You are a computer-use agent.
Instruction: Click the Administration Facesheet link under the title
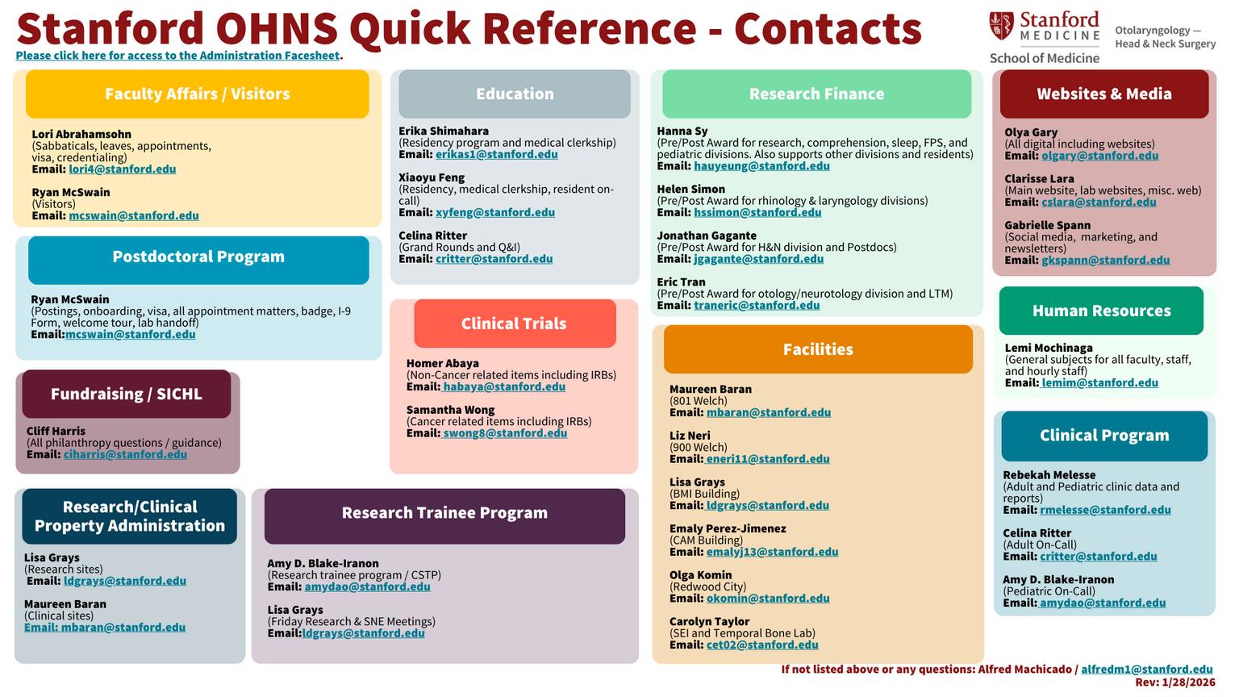click(x=177, y=56)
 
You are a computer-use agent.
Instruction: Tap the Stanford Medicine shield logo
click(x=1001, y=27)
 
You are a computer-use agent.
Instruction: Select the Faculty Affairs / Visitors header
click(x=198, y=94)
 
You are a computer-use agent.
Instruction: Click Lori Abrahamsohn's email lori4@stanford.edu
click(x=122, y=169)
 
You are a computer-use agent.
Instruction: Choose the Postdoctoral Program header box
click(x=198, y=257)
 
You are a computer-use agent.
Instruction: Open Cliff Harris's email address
click(x=125, y=455)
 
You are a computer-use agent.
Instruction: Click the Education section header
click(x=515, y=94)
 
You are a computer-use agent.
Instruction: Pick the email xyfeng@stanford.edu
click(x=494, y=213)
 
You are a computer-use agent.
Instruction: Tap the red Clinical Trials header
click(x=514, y=324)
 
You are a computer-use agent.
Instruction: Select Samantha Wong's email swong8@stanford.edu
click(x=504, y=434)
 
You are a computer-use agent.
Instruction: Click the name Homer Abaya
click(x=443, y=364)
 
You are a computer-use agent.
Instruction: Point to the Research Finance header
click(x=816, y=94)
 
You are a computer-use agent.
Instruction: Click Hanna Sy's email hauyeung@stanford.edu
click(x=761, y=166)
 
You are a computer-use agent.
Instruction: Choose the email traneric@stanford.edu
click(x=757, y=306)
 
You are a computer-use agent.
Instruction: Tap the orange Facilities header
click(x=818, y=350)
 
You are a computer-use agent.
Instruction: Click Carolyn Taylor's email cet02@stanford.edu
click(x=762, y=645)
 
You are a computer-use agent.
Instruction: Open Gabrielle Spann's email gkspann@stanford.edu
click(x=1105, y=261)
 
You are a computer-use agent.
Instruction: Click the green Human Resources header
click(x=1101, y=311)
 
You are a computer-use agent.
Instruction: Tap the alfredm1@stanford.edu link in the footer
click(x=1146, y=670)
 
